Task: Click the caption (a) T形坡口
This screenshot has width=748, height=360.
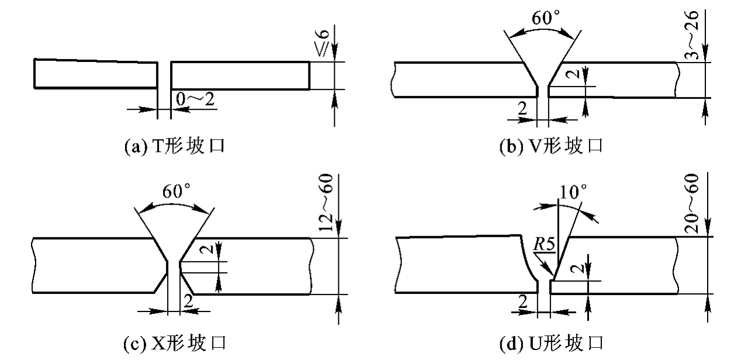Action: pos(175,146)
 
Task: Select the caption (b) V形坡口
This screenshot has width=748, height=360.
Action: pos(551,146)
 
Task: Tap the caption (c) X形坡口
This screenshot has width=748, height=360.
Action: pos(175,343)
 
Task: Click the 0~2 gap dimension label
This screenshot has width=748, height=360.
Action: pos(195,99)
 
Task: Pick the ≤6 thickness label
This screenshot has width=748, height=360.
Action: pos(323,43)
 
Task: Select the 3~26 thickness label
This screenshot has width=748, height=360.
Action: pos(691,36)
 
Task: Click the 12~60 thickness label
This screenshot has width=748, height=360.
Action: pos(326,202)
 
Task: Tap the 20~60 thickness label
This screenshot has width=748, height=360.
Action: pos(691,203)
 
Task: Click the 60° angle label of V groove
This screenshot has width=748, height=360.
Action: pos(546,18)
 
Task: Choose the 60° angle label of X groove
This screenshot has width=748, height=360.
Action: pos(176,191)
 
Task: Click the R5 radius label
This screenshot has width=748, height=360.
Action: pos(544,244)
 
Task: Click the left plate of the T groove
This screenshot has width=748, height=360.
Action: pos(96,74)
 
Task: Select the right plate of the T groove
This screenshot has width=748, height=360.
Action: pos(240,75)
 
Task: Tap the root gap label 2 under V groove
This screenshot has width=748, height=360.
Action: pos(522,108)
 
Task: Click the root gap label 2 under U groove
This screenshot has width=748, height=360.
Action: pos(522,302)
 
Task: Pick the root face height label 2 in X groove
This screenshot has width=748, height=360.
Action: pos(209,249)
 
